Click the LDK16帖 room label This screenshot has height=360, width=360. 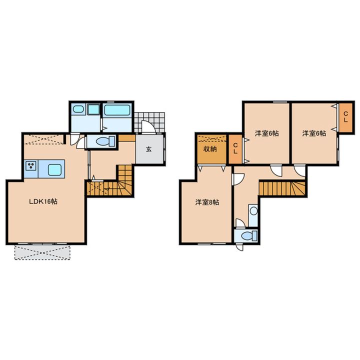43,201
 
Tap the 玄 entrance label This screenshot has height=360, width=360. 149,149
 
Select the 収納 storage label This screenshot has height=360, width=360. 210,149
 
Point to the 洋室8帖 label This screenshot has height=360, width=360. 207,202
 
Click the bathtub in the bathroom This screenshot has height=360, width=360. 117,110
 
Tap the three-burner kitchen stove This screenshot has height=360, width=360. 31,166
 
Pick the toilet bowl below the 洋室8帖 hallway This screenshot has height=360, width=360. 247,235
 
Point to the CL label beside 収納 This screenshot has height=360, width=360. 235,149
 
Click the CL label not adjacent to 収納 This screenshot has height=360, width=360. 346,116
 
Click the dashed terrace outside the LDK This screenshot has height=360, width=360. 42,252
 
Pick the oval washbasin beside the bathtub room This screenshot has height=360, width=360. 78,109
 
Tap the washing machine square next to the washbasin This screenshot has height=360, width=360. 93,109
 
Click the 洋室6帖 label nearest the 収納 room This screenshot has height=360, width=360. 267,133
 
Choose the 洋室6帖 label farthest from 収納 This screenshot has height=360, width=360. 314,133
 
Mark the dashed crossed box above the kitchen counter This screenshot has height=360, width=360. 43,139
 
